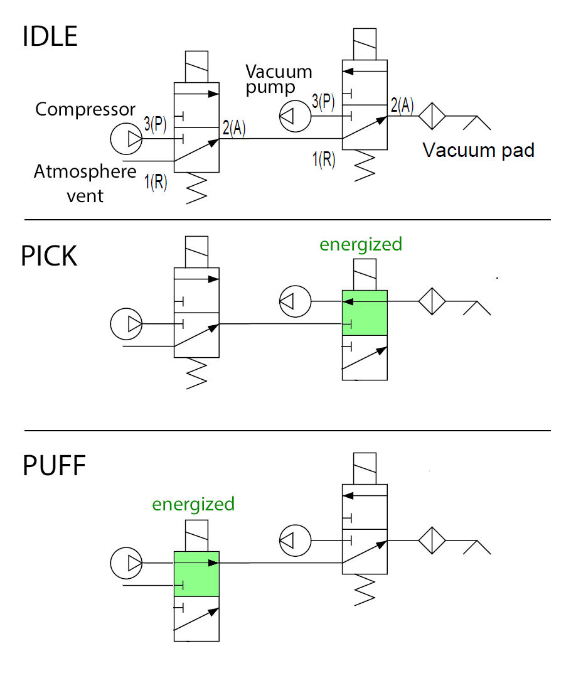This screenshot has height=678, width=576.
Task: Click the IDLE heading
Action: (50, 37)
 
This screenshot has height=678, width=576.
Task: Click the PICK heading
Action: (49, 256)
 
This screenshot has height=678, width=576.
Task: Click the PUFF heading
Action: (54, 466)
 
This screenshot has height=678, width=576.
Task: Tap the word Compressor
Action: (85, 109)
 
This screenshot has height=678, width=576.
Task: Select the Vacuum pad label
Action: (478, 151)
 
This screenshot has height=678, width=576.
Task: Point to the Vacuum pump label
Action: (279, 79)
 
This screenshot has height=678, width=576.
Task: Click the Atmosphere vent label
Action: (85, 183)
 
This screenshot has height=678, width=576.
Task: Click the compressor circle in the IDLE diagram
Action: (126, 139)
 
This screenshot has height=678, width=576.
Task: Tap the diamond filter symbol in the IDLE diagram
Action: (432, 116)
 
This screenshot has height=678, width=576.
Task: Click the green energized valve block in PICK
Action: (365, 313)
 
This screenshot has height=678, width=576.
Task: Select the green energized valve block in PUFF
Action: (196, 574)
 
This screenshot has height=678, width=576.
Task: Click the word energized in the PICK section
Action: (361, 244)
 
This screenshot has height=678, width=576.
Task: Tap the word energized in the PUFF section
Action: (193, 504)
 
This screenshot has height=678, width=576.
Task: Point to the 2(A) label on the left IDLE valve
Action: (233, 129)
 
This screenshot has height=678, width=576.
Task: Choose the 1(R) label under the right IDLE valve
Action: (324, 159)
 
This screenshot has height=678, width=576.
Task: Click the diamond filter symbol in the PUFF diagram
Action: (432, 540)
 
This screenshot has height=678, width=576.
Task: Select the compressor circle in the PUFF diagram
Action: (126, 562)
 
